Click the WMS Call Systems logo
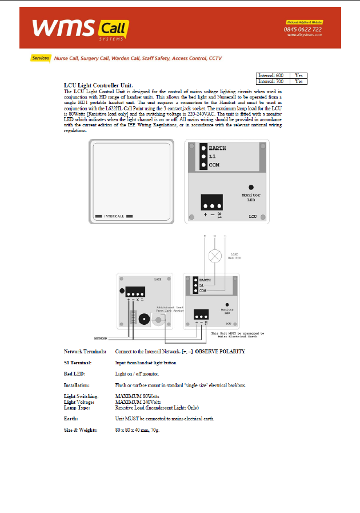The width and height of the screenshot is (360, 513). (80, 28)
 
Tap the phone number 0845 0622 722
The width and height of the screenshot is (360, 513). (303, 29)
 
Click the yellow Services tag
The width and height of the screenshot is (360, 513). (41, 58)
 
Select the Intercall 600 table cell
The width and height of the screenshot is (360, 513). (271, 75)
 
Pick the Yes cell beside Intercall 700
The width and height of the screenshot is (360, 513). (298, 81)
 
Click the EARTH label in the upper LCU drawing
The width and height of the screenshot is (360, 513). (217, 148)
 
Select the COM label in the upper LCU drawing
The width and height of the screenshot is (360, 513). (214, 165)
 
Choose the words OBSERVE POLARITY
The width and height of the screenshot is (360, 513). (221, 351)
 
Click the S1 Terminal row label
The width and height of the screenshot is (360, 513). (78, 363)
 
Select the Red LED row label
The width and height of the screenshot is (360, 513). (75, 373)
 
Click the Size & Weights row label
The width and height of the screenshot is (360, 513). (81, 430)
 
